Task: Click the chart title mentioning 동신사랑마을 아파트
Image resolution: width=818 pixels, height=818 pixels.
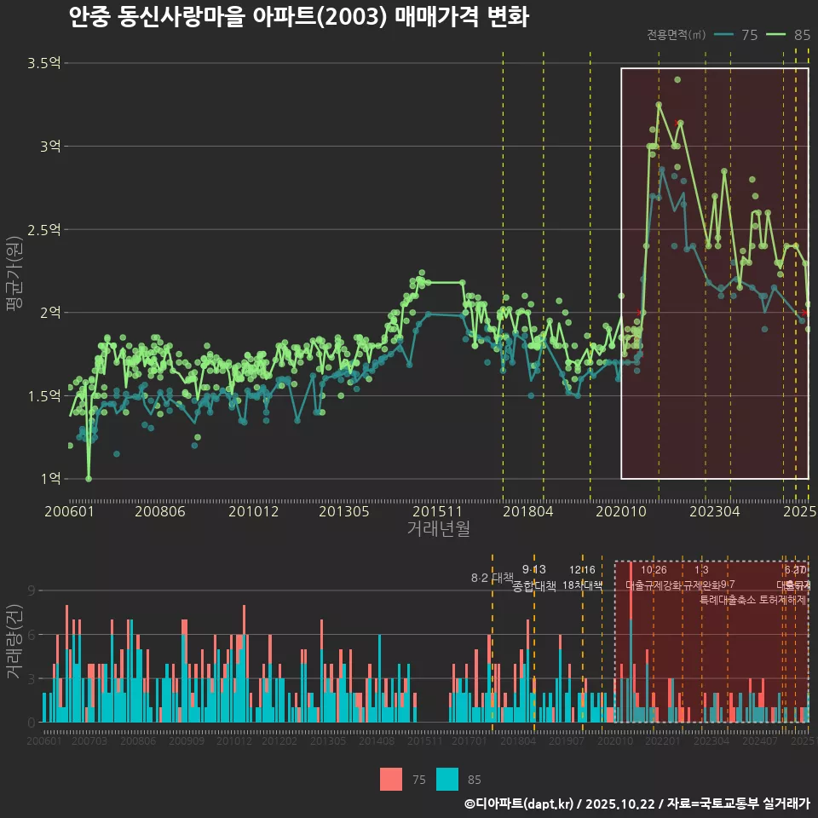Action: pyautogui.click(x=298, y=17)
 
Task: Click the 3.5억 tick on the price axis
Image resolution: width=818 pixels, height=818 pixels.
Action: pyautogui.click(x=43, y=63)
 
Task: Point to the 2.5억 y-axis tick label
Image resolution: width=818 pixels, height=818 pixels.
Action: pyautogui.click(x=43, y=229)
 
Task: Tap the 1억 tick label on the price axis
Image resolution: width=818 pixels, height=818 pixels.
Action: pyautogui.click(x=49, y=479)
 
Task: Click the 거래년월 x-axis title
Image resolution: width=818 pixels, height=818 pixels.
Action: pyautogui.click(x=438, y=529)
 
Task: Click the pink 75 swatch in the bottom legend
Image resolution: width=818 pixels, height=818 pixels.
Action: pyautogui.click(x=391, y=779)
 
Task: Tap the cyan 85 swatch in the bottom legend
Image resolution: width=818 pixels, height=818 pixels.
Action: pyautogui.click(x=446, y=779)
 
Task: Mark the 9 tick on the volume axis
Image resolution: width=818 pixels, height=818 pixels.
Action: pyautogui.click(x=32, y=590)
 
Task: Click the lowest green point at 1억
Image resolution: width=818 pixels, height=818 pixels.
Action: pyautogui.click(x=89, y=479)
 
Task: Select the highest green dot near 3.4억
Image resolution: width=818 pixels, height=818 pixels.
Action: pyautogui.click(x=677, y=80)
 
